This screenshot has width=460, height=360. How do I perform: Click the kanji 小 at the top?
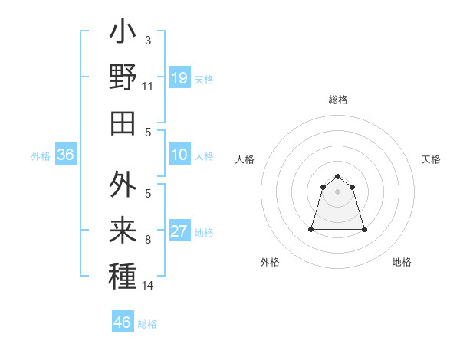point(123,34)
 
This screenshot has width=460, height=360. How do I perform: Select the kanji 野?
point(123,77)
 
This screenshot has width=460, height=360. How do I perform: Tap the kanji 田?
point(123,122)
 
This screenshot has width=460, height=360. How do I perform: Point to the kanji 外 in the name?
point(123,186)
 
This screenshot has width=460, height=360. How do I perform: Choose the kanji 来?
point(123,231)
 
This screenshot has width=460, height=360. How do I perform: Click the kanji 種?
point(123,275)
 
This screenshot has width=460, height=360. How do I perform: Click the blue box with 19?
point(179,77)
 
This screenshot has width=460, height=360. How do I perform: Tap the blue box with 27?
point(179,231)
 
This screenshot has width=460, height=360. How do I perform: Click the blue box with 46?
point(123,322)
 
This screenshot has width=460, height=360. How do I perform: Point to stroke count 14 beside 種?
point(148,286)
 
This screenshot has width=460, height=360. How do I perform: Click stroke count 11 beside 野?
point(148,87)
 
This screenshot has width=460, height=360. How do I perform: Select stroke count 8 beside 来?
point(148,241)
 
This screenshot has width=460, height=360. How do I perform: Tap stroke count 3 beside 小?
point(148,40)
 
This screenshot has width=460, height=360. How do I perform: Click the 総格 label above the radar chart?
point(337,100)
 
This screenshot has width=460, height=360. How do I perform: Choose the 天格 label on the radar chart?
point(431,159)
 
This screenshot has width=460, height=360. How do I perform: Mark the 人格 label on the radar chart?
point(245,159)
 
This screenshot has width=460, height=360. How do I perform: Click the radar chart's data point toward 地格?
point(364,229)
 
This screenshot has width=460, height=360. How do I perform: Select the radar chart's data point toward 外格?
point(312,229)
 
